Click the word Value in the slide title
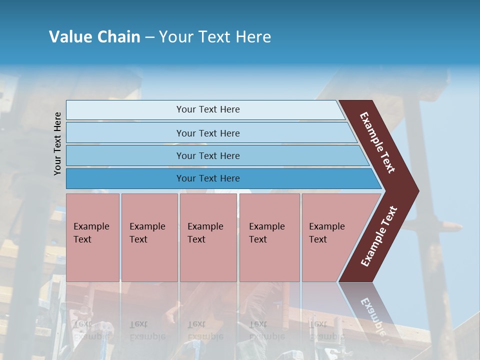coord(69,37)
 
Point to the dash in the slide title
coord(149,37)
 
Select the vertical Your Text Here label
coord(57,143)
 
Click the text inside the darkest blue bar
coord(208,178)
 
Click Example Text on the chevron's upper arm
coord(377,142)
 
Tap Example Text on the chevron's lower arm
coord(379,236)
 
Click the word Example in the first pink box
coord(91,226)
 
